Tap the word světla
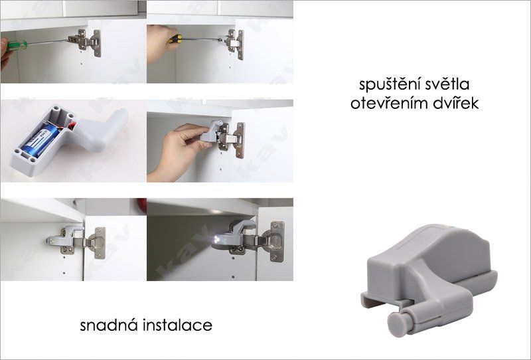point(444,84)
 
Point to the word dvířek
point(453,103)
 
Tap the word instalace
point(177,325)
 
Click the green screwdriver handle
point(17,45)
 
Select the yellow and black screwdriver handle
point(175,39)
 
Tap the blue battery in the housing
point(40,139)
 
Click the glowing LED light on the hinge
point(214,240)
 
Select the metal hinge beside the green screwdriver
point(86,42)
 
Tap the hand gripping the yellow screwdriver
point(159,43)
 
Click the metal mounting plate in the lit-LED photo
point(277,241)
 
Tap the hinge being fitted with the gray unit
point(231,139)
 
